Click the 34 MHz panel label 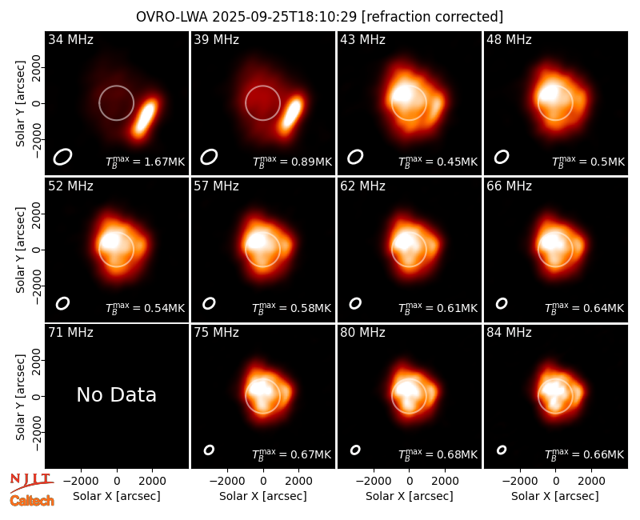point(70,39)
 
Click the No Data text point(116,394)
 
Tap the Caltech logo point(32,501)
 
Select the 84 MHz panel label point(509,333)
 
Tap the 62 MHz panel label point(363,186)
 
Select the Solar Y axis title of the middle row point(20,250)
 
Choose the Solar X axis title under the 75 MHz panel point(263,496)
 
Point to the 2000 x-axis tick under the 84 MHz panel point(591,481)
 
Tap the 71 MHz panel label point(70,333)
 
